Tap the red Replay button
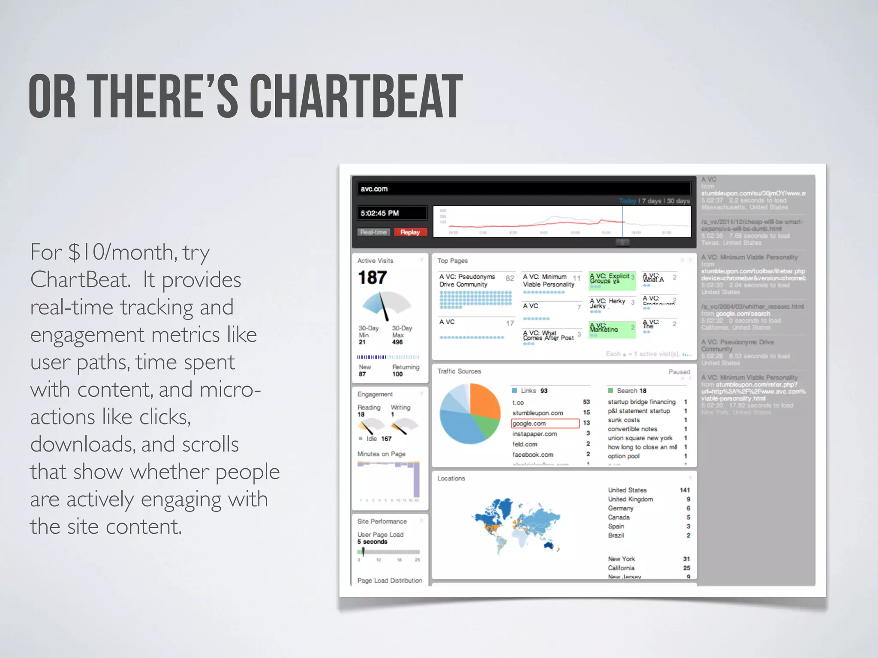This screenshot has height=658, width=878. pyautogui.click(x=410, y=232)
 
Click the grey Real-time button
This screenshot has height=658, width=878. pyautogui.click(x=373, y=232)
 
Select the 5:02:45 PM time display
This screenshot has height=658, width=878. pyautogui.click(x=380, y=213)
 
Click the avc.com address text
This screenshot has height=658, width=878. pyautogui.click(x=374, y=189)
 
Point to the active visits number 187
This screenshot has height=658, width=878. pyautogui.click(x=372, y=278)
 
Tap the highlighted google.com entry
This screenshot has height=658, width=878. pyautogui.click(x=529, y=423)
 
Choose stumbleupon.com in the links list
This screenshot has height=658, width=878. pyautogui.click(x=538, y=413)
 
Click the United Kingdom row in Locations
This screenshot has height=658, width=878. pyautogui.click(x=630, y=499)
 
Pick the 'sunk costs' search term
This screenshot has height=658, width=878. pyautogui.click(x=623, y=420)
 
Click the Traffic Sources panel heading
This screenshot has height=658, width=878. pyautogui.click(x=459, y=371)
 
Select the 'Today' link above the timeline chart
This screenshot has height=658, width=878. pyautogui.click(x=627, y=201)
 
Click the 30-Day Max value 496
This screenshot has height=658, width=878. pyautogui.click(x=397, y=342)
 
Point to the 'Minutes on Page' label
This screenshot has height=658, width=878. pyautogui.click(x=381, y=454)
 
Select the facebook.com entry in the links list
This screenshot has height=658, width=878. pyautogui.click(x=533, y=455)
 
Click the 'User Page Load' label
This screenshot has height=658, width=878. pyautogui.click(x=380, y=535)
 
